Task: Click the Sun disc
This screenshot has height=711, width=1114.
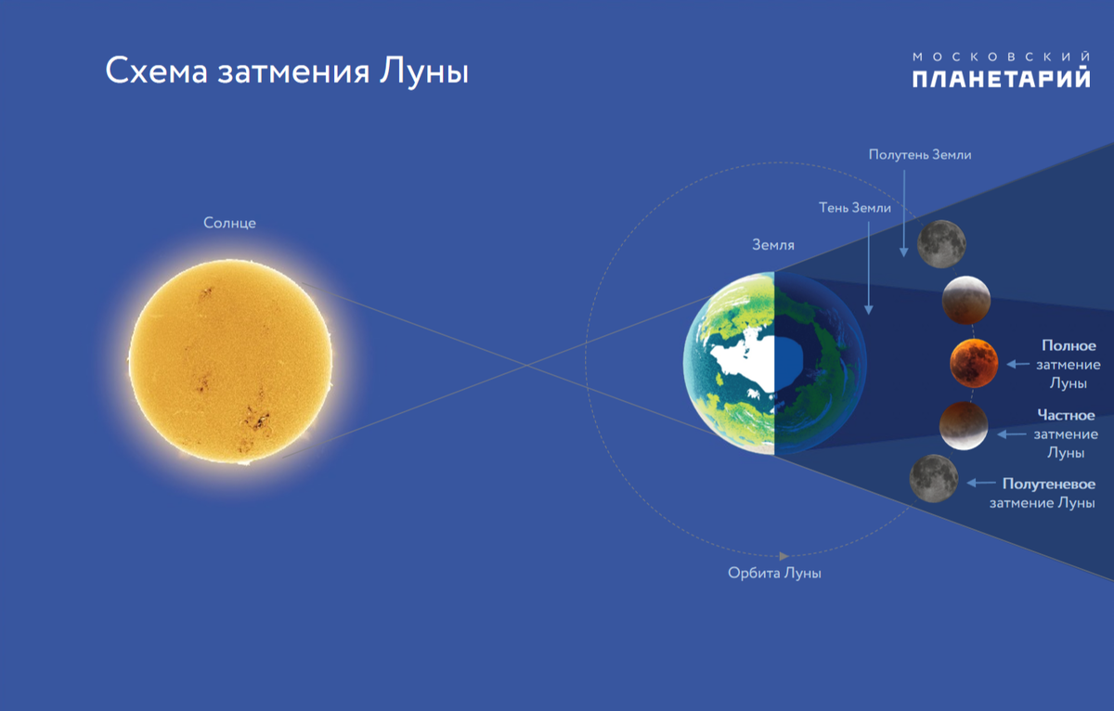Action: coord(230,359)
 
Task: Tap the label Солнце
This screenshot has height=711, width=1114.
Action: coord(229,223)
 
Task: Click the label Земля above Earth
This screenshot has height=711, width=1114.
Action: coord(772,245)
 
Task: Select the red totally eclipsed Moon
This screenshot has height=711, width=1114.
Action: coord(974,363)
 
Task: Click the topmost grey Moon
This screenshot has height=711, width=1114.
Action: coord(941,243)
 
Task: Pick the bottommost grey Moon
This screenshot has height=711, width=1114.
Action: coord(934,478)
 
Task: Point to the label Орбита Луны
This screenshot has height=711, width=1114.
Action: coord(774,574)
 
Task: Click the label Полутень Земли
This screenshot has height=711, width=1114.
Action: coord(920,155)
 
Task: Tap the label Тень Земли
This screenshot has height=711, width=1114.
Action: coord(855,208)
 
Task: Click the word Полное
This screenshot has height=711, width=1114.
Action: coord(1069,346)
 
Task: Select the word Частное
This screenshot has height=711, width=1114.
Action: coord(1066,415)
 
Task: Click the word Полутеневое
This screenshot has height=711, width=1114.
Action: coord(1049,484)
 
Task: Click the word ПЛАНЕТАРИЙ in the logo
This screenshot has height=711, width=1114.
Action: coord(1001,80)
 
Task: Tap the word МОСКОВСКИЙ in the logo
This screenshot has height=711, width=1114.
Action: coord(1001,56)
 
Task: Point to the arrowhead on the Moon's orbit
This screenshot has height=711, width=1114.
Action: coord(784,556)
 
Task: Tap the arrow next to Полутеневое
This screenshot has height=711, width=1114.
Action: coord(980,483)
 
